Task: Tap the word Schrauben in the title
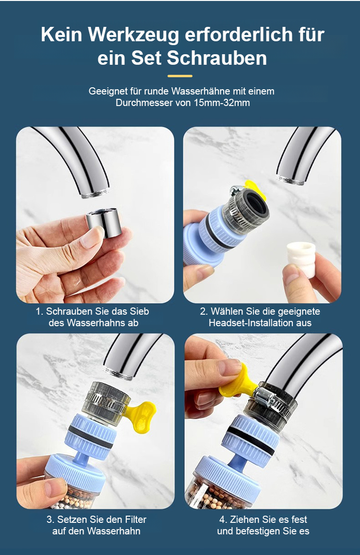point(216,58)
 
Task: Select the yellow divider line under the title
point(180,76)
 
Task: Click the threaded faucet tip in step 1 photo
point(96,193)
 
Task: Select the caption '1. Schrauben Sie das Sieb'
point(92,311)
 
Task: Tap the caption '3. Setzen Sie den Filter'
point(96,519)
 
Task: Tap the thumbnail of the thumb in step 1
point(91,237)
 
